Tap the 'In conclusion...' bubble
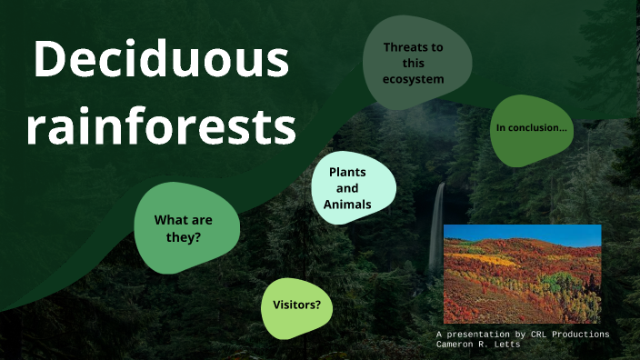pos(531,128)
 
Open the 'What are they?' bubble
pos(186,227)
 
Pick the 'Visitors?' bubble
pos(296,305)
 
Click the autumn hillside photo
pos(522,274)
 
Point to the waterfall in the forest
pos(437,223)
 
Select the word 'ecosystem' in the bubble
pos(414,79)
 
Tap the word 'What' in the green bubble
pos(170,219)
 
